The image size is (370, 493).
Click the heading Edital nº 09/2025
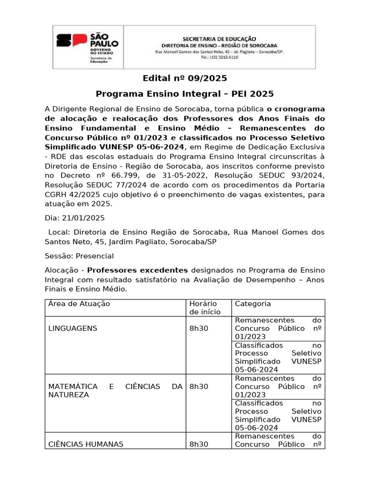(185, 78)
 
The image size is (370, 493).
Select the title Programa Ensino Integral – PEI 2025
(185, 93)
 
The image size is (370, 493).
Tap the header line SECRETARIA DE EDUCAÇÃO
(219, 38)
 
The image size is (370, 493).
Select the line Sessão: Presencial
(79, 256)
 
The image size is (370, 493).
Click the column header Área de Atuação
(79, 304)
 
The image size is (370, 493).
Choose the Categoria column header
(253, 304)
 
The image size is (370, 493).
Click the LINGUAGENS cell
(73, 328)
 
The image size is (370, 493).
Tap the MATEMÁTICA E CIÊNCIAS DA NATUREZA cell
(116, 390)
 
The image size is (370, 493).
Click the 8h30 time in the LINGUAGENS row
(199, 328)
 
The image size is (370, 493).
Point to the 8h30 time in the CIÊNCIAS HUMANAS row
(199, 444)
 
